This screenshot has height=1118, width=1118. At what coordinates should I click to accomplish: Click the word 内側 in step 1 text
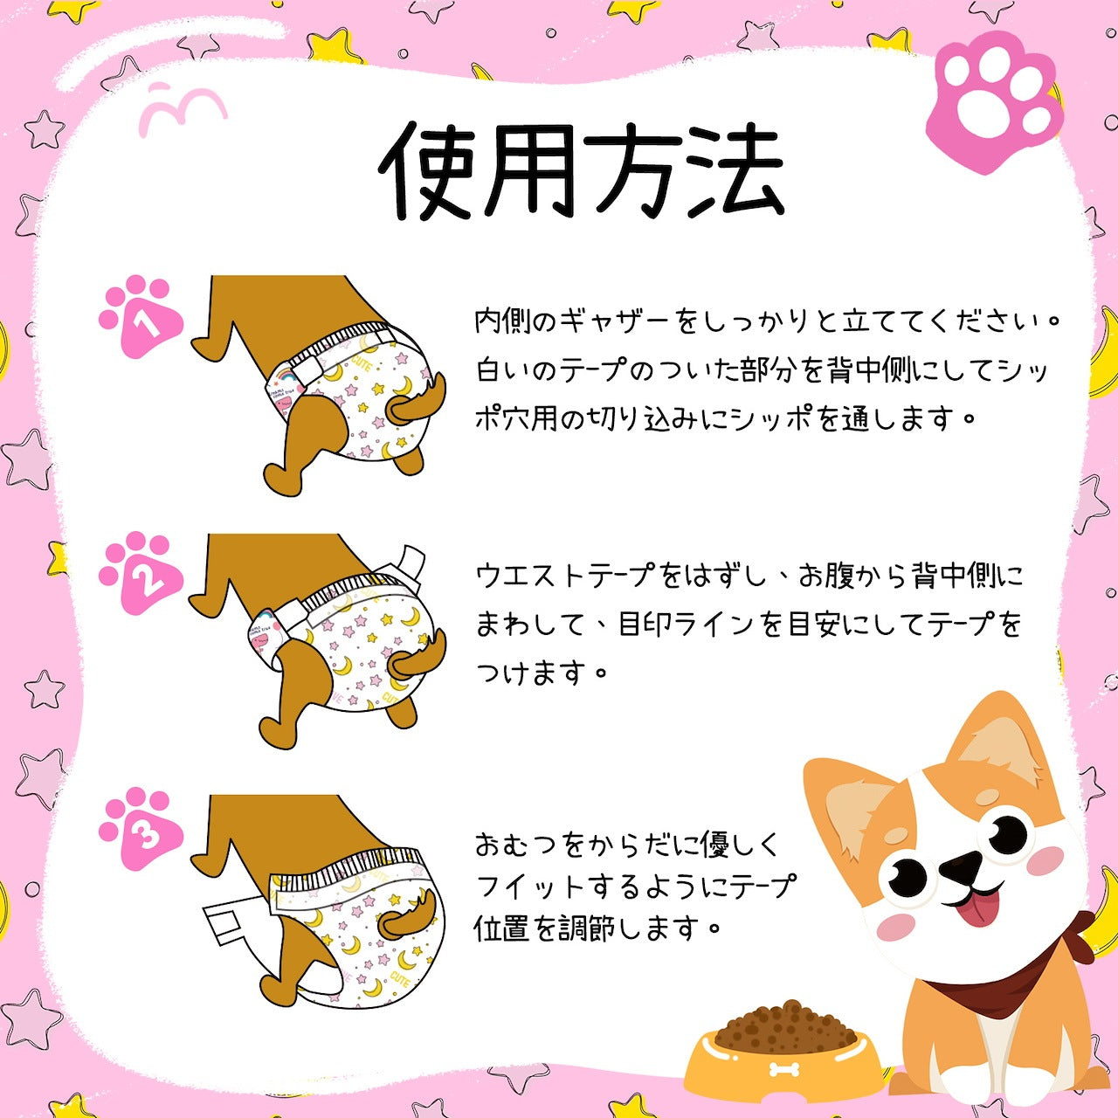(500, 321)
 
